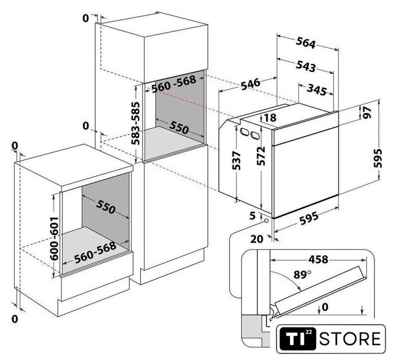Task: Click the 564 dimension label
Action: click(x=306, y=43)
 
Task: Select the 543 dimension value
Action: click(x=306, y=66)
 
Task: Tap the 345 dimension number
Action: click(x=317, y=89)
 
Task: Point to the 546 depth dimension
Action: click(x=251, y=84)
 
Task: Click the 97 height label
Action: click(x=367, y=112)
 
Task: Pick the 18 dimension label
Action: click(x=270, y=118)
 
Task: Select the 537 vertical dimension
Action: click(x=236, y=160)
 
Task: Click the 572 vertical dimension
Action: click(x=261, y=156)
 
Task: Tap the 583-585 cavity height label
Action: click(x=136, y=123)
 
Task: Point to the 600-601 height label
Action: click(x=54, y=238)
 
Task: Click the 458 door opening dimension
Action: click(x=318, y=259)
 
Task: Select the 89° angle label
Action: click(x=302, y=274)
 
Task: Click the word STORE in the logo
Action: click(x=350, y=339)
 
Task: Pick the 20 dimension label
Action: click(x=257, y=239)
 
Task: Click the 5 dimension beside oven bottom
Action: click(x=253, y=215)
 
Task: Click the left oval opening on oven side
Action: click(x=244, y=132)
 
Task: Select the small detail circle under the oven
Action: click(x=266, y=221)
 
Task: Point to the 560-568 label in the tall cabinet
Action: click(x=173, y=84)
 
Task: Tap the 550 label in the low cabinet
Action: click(x=105, y=206)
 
